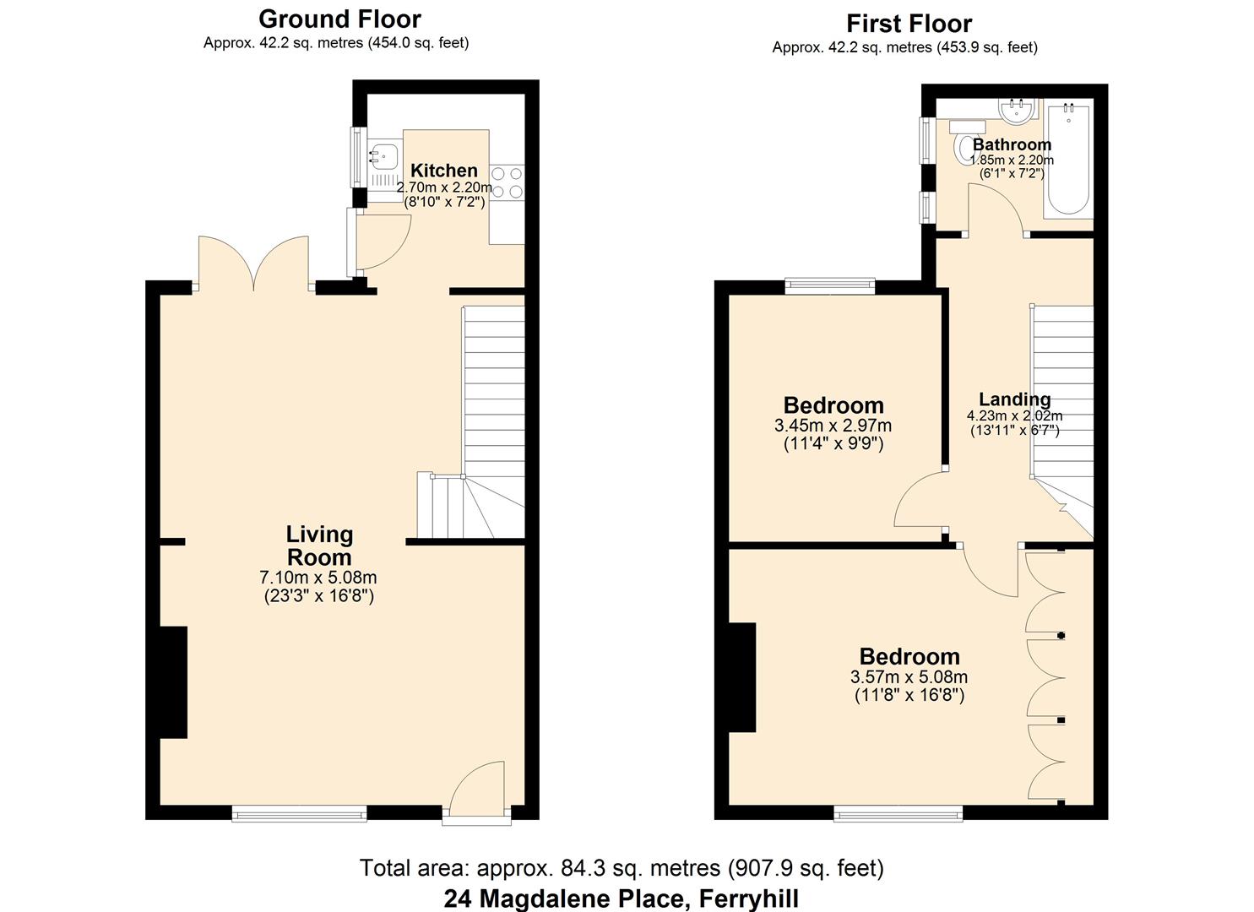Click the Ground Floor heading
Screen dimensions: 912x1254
pyautogui.click(x=339, y=19)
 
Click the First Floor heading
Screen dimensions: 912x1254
pyautogui.click(x=909, y=24)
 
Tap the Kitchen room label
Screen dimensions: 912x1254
pyautogui.click(x=443, y=171)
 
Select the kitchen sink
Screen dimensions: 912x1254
pyautogui.click(x=384, y=155)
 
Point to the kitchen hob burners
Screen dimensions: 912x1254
pyautogui.click(x=507, y=182)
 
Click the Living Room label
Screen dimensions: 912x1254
pyautogui.click(x=319, y=546)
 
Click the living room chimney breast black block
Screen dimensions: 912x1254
pyautogui.click(x=173, y=682)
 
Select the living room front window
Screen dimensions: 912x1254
pyautogui.click(x=300, y=813)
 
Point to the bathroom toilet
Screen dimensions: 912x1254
pyautogui.click(x=964, y=147)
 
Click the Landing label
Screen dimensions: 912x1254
pyautogui.click(x=1014, y=399)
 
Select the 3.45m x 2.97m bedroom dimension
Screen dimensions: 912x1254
pyautogui.click(x=833, y=426)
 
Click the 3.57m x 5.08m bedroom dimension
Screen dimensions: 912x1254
pyautogui.click(x=909, y=677)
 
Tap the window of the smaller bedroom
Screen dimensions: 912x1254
pyautogui.click(x=829, y=286)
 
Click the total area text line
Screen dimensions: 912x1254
pyautogui.click(x=622, y=868)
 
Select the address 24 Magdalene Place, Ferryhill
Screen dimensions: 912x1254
pyautogui.click(x=622, y=898)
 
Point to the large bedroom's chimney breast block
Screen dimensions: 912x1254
pyautogui.click(x=742, y=677)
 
